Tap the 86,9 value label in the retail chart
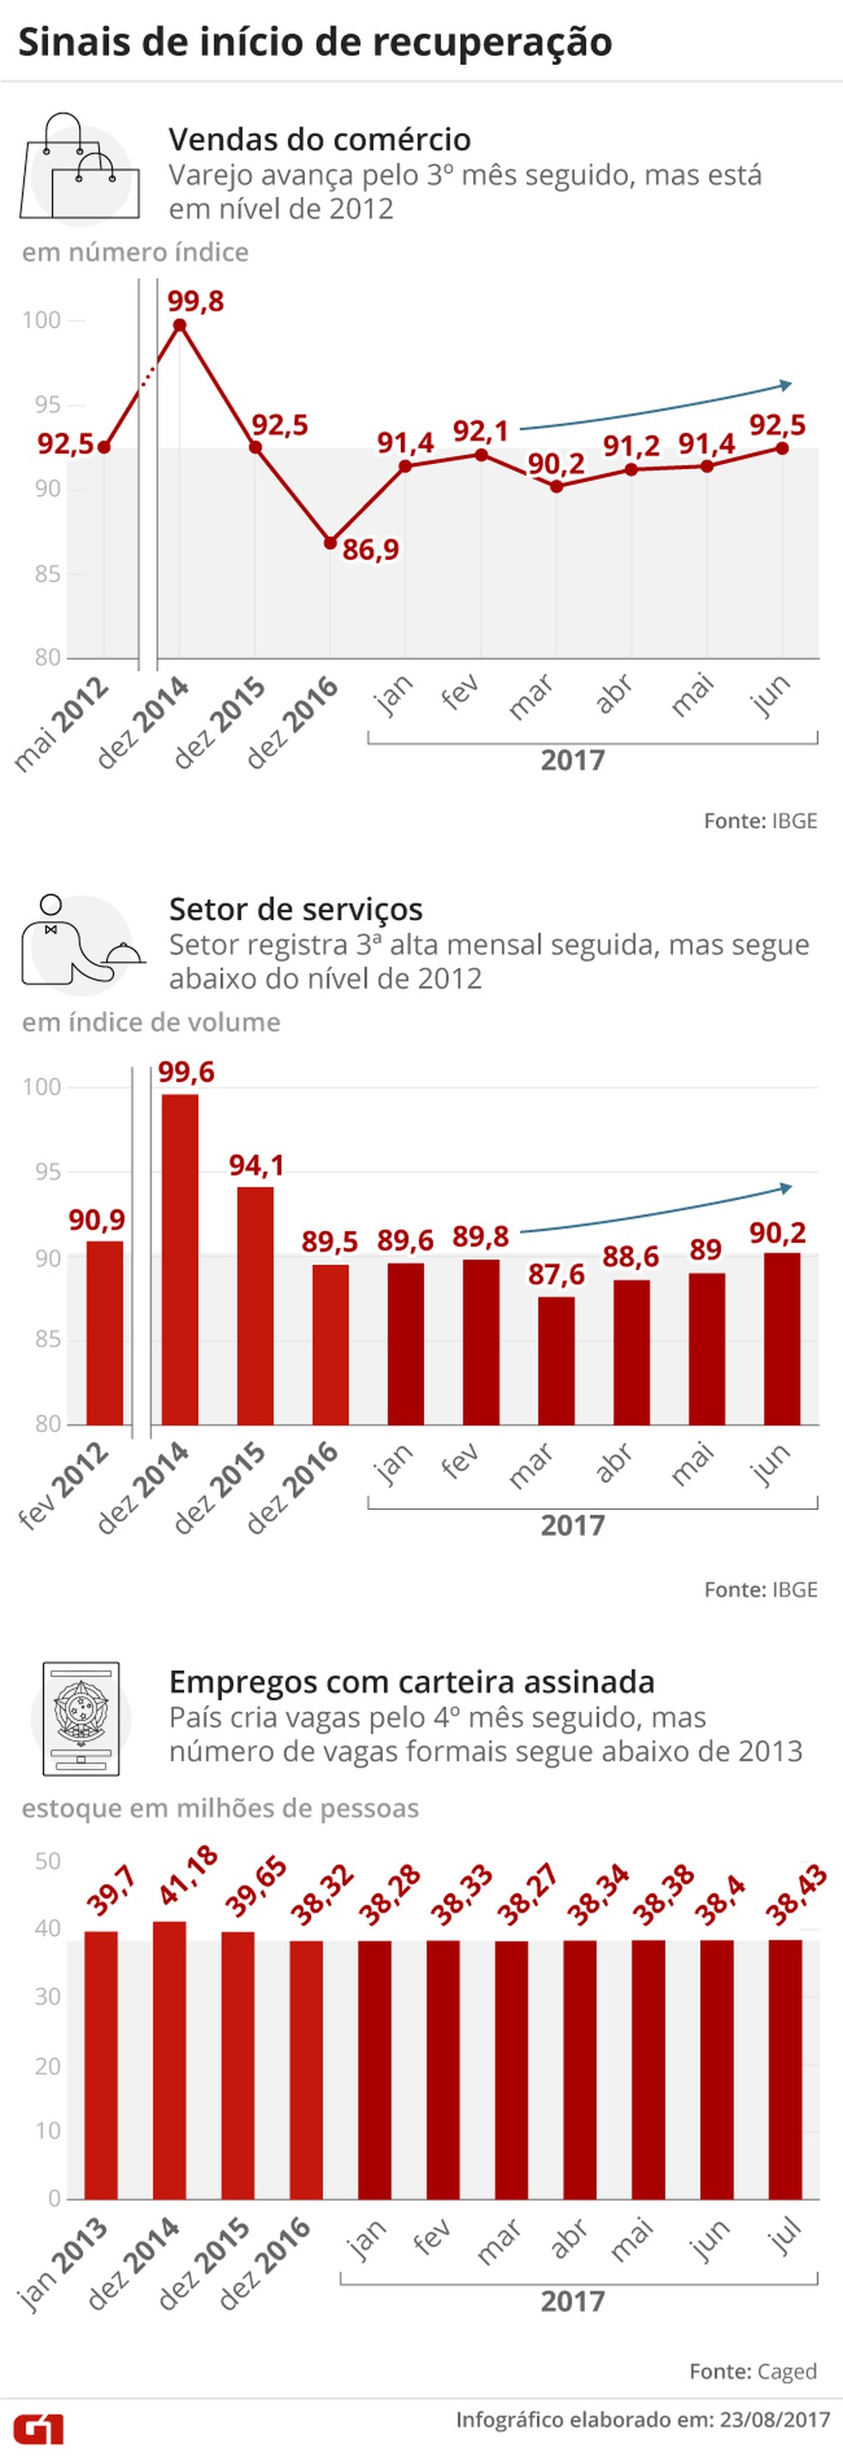[371, 550]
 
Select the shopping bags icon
[78, 168]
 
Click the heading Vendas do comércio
[320, 140]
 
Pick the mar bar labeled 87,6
[556, 1360]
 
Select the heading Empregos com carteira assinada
[411, 1681]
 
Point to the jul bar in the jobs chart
[786, 2068]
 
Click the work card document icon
[81, 1719]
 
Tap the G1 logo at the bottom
[39, 2429]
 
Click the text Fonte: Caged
[752, 2371]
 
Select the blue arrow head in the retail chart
[785, 385]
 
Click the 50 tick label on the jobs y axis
[47, 1861]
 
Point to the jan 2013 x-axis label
[63, 2265]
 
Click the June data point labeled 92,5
[782, 448]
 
